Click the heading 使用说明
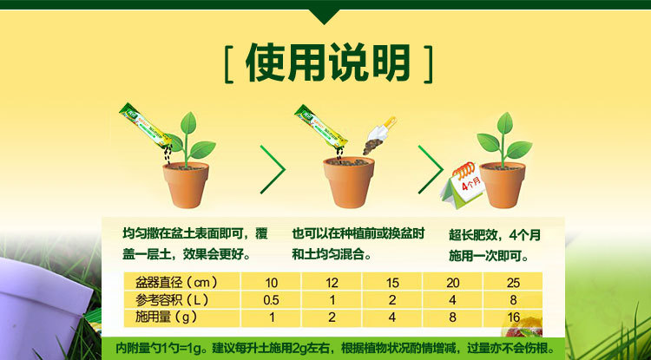tap(327, 62)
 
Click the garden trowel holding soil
tap(379, 135)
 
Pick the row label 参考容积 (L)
tap(172, 300)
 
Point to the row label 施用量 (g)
tap(166, 317)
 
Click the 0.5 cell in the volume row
tap(271, 301)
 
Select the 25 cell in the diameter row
tap(513, 284)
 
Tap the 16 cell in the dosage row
tap(513, 318)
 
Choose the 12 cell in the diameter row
tap(332, 284)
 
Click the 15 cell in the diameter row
tap(392, 284)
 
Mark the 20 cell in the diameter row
tap(452, 284)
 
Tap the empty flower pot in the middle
tap(349, 181)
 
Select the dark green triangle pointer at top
tap(325, 16)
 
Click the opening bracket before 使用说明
tap(228, 64)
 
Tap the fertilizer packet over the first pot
tap(146, 125)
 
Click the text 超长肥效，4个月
tap(495, 235)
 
